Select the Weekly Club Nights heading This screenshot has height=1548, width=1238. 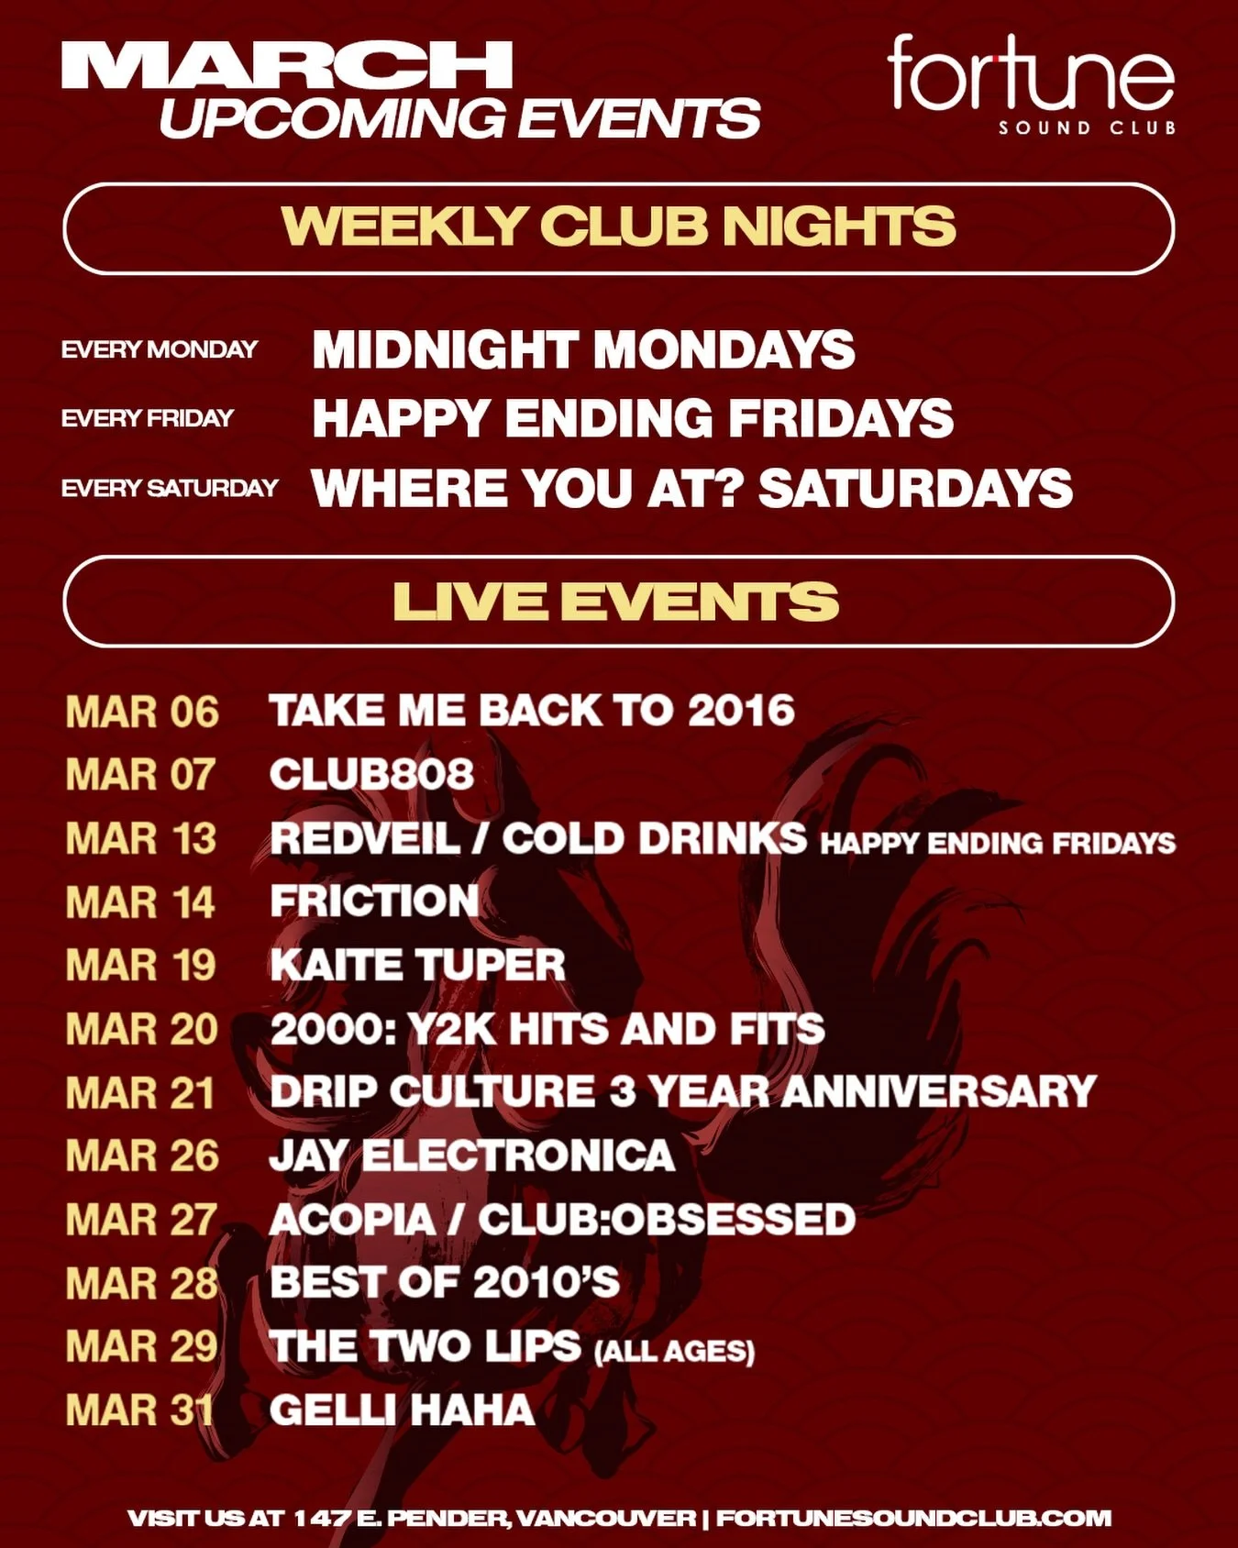coord(618,227)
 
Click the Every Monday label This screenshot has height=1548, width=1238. coord(160,349)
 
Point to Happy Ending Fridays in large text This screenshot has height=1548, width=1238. coord(632,418)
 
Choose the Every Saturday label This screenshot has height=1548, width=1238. coord(169,488)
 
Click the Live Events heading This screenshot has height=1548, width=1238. coord(616,602)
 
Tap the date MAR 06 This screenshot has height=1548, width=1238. coord(142,713)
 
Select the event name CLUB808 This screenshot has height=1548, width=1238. coord(371,775)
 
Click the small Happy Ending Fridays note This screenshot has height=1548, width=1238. coord(998,843)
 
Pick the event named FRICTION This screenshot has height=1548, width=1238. coord(374,901)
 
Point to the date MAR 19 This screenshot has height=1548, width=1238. coord(140,965)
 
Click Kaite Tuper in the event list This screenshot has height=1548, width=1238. coord(417,965)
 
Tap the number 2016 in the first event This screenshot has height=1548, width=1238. coord(741,711)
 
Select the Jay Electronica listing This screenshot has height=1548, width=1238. coord(471,1155)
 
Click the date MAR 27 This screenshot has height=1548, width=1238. coord(141,1220)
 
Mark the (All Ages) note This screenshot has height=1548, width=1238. coord(674,1351)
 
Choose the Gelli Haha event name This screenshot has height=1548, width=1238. coord(402,1410)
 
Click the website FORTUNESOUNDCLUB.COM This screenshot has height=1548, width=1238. coord(913,1518)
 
